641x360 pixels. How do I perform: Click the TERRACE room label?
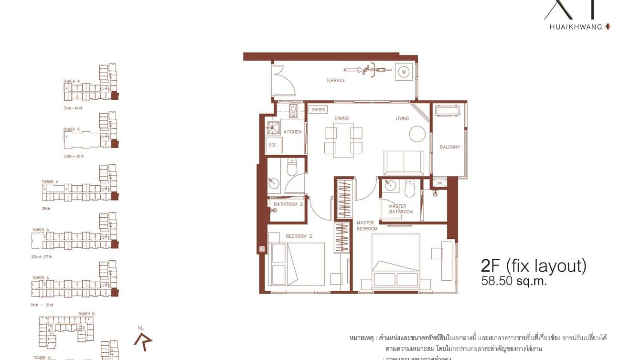click(x=335, y=80)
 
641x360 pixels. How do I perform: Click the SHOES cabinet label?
click(x=318, y=110)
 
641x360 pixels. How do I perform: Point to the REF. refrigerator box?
click(x=273, y=145)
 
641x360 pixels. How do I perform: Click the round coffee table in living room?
click(x=417, y=133)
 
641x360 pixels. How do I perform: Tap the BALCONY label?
click(x=449, y=147)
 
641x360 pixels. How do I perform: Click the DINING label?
click(x=342, y=118)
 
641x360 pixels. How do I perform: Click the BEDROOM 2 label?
click(x=299, y=236)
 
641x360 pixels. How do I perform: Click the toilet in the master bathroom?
click(x=410, y=189)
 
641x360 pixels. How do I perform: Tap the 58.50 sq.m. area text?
click(x=514, y=281)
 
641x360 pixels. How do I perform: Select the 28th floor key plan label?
click(x=46, y=209)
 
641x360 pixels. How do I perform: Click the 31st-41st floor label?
click(x=73, y=108)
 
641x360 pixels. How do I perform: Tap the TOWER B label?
click(x=86, y=314)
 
